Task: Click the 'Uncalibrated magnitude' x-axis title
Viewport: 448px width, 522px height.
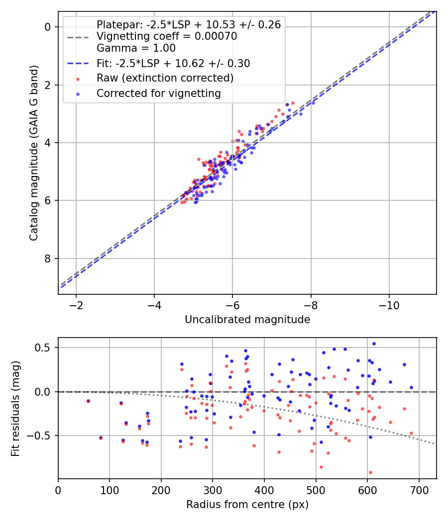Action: coord(247,320)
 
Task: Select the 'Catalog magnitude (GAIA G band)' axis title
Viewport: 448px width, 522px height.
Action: coord(34,153)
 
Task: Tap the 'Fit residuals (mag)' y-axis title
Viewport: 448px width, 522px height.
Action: coord(15,408)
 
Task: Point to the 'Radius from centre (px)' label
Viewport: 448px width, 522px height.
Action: coord(247,505)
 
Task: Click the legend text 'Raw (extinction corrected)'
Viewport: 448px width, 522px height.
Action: coord(165,78)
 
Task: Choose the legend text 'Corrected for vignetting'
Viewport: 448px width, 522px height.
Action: coord(159,93)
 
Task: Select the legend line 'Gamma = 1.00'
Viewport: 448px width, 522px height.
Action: coord(136,49)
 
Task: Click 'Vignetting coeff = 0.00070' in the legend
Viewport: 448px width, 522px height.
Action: coord(167,36)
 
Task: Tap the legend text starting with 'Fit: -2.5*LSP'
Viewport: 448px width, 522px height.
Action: coord(173,64)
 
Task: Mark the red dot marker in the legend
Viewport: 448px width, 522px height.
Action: coord(78,79)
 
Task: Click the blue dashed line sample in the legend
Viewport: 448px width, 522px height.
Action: coord(78,64)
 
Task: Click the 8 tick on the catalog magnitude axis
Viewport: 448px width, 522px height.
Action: coord(48,259)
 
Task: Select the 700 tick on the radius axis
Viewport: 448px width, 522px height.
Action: coord(419,489)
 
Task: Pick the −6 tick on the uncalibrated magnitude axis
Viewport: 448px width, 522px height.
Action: coord(232,305)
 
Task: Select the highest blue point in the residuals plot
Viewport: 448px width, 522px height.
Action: coord(374,344)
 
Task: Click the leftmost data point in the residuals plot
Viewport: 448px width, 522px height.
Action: coord(88,401)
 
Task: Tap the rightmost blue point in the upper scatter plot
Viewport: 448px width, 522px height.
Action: coord(313,102)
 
